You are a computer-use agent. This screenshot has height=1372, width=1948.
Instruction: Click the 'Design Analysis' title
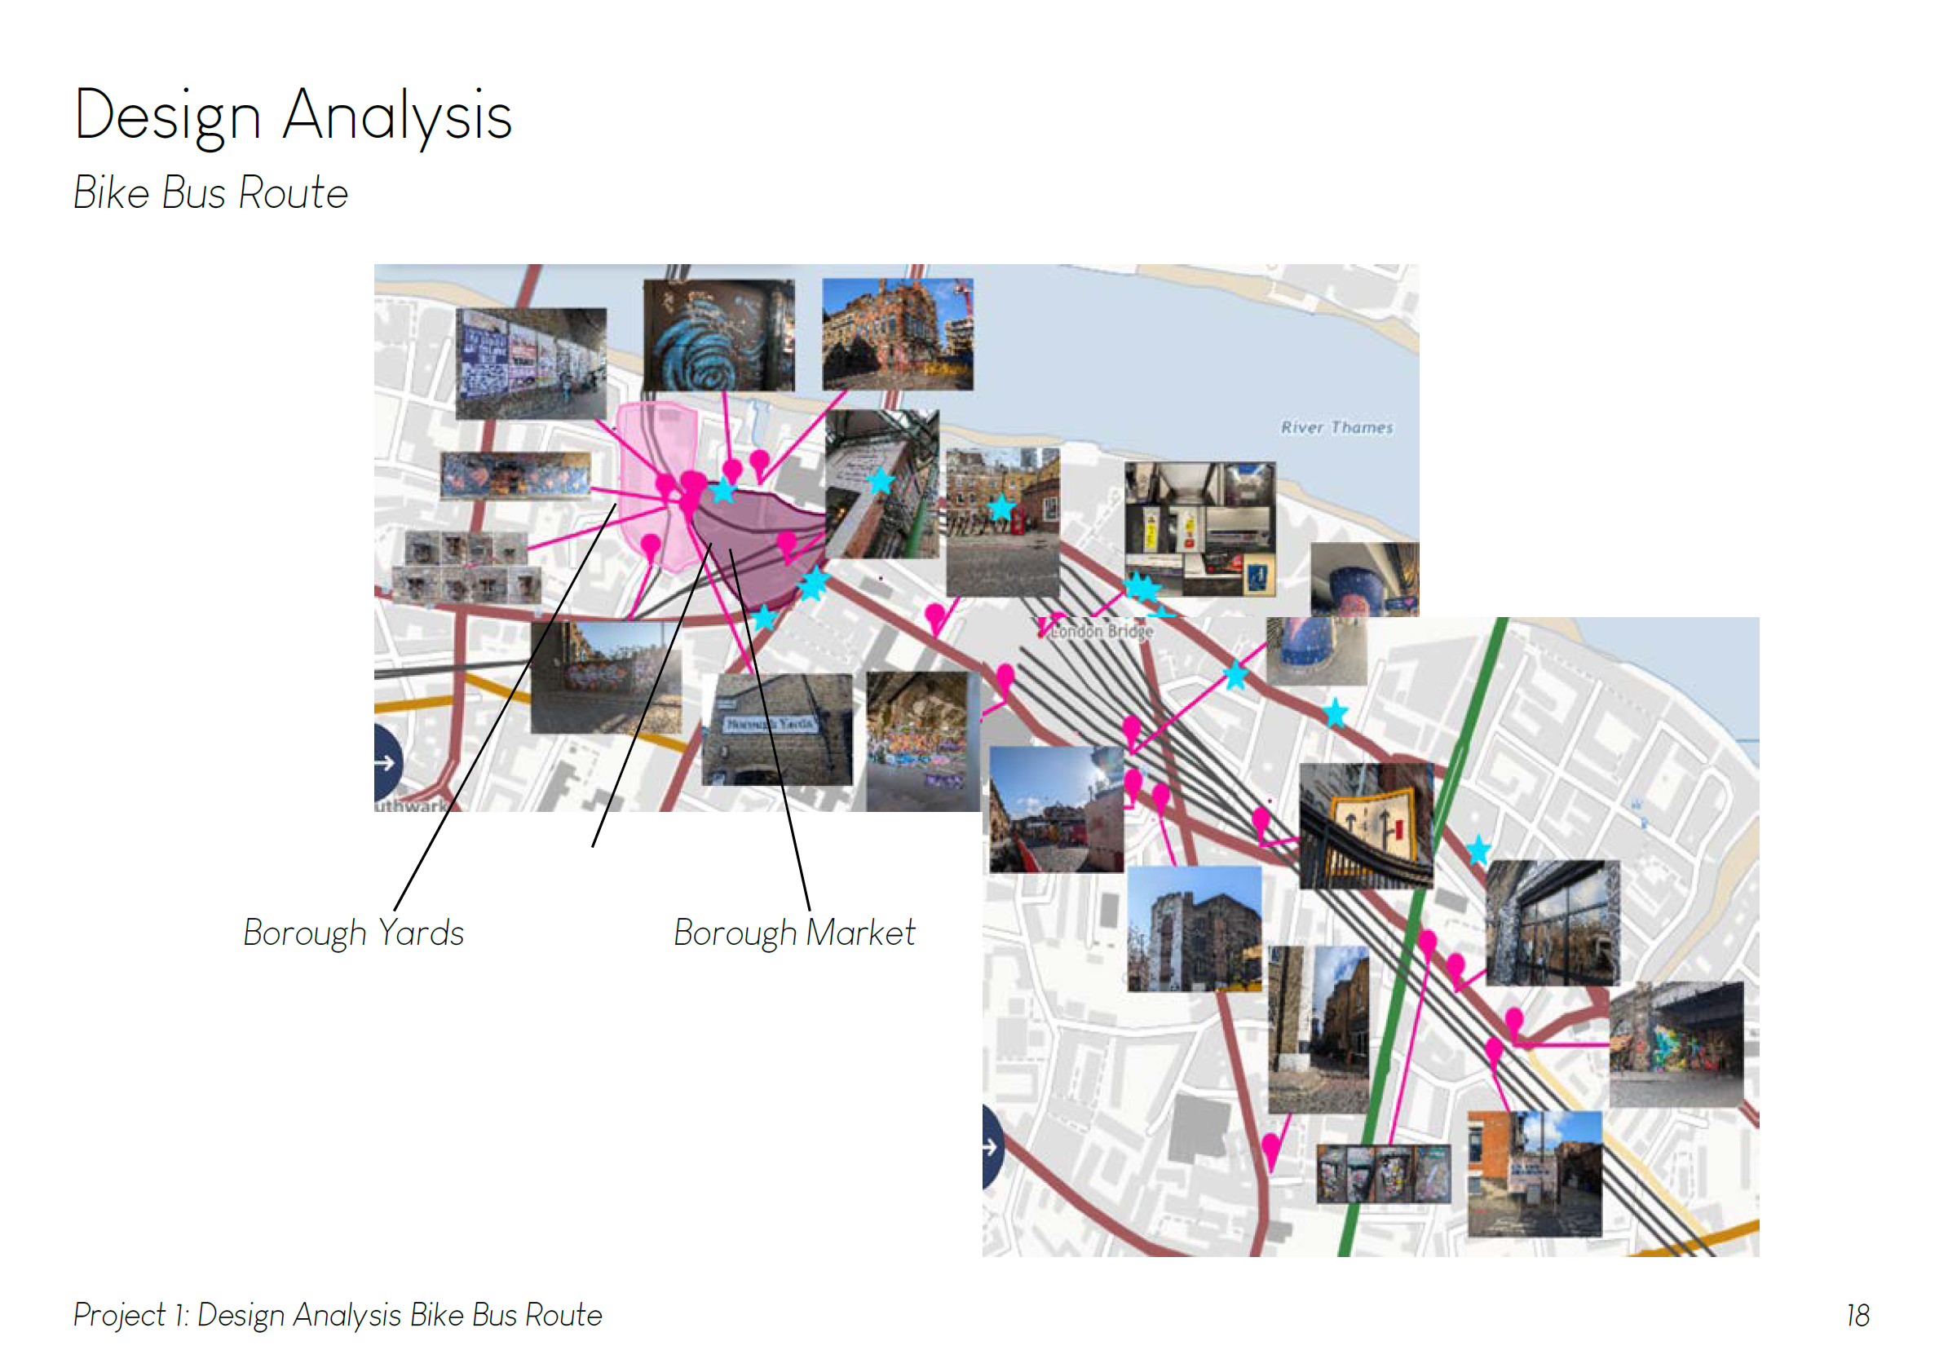click(293, 116)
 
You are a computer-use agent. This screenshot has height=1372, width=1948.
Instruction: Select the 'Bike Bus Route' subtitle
click(210, 192)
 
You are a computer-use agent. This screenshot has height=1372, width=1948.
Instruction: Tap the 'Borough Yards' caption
click(353, 933)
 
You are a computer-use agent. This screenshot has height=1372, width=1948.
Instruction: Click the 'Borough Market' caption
click(794, 933)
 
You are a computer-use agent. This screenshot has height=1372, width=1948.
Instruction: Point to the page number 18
click(1857, 1315)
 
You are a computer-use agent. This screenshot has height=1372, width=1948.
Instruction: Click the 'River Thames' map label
click(1336, 428)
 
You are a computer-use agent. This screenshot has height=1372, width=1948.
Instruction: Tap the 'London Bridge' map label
click(1102, 631)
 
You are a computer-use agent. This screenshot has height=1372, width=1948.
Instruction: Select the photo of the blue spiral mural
click(718, 335)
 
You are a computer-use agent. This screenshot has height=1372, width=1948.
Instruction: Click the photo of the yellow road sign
click(1365, 825)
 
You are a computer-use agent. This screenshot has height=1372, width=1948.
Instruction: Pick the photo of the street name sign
click(776, 729)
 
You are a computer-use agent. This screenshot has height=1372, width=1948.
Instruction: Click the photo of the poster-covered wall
click(530, 363)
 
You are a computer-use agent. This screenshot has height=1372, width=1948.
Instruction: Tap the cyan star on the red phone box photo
click(1001, 507)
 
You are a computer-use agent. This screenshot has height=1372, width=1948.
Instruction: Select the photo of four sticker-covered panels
click(1383, 1173)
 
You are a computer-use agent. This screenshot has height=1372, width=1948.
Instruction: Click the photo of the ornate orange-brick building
click(898, 334)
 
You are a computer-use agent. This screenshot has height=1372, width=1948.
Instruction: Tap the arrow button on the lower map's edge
click(991, 1148)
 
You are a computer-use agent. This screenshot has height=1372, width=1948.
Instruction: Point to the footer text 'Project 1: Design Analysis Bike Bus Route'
click(338, 1315)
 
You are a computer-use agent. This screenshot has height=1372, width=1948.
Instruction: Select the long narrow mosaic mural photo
click(515, 475)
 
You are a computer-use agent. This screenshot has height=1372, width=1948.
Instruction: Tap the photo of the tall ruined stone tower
click(1194, 929)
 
